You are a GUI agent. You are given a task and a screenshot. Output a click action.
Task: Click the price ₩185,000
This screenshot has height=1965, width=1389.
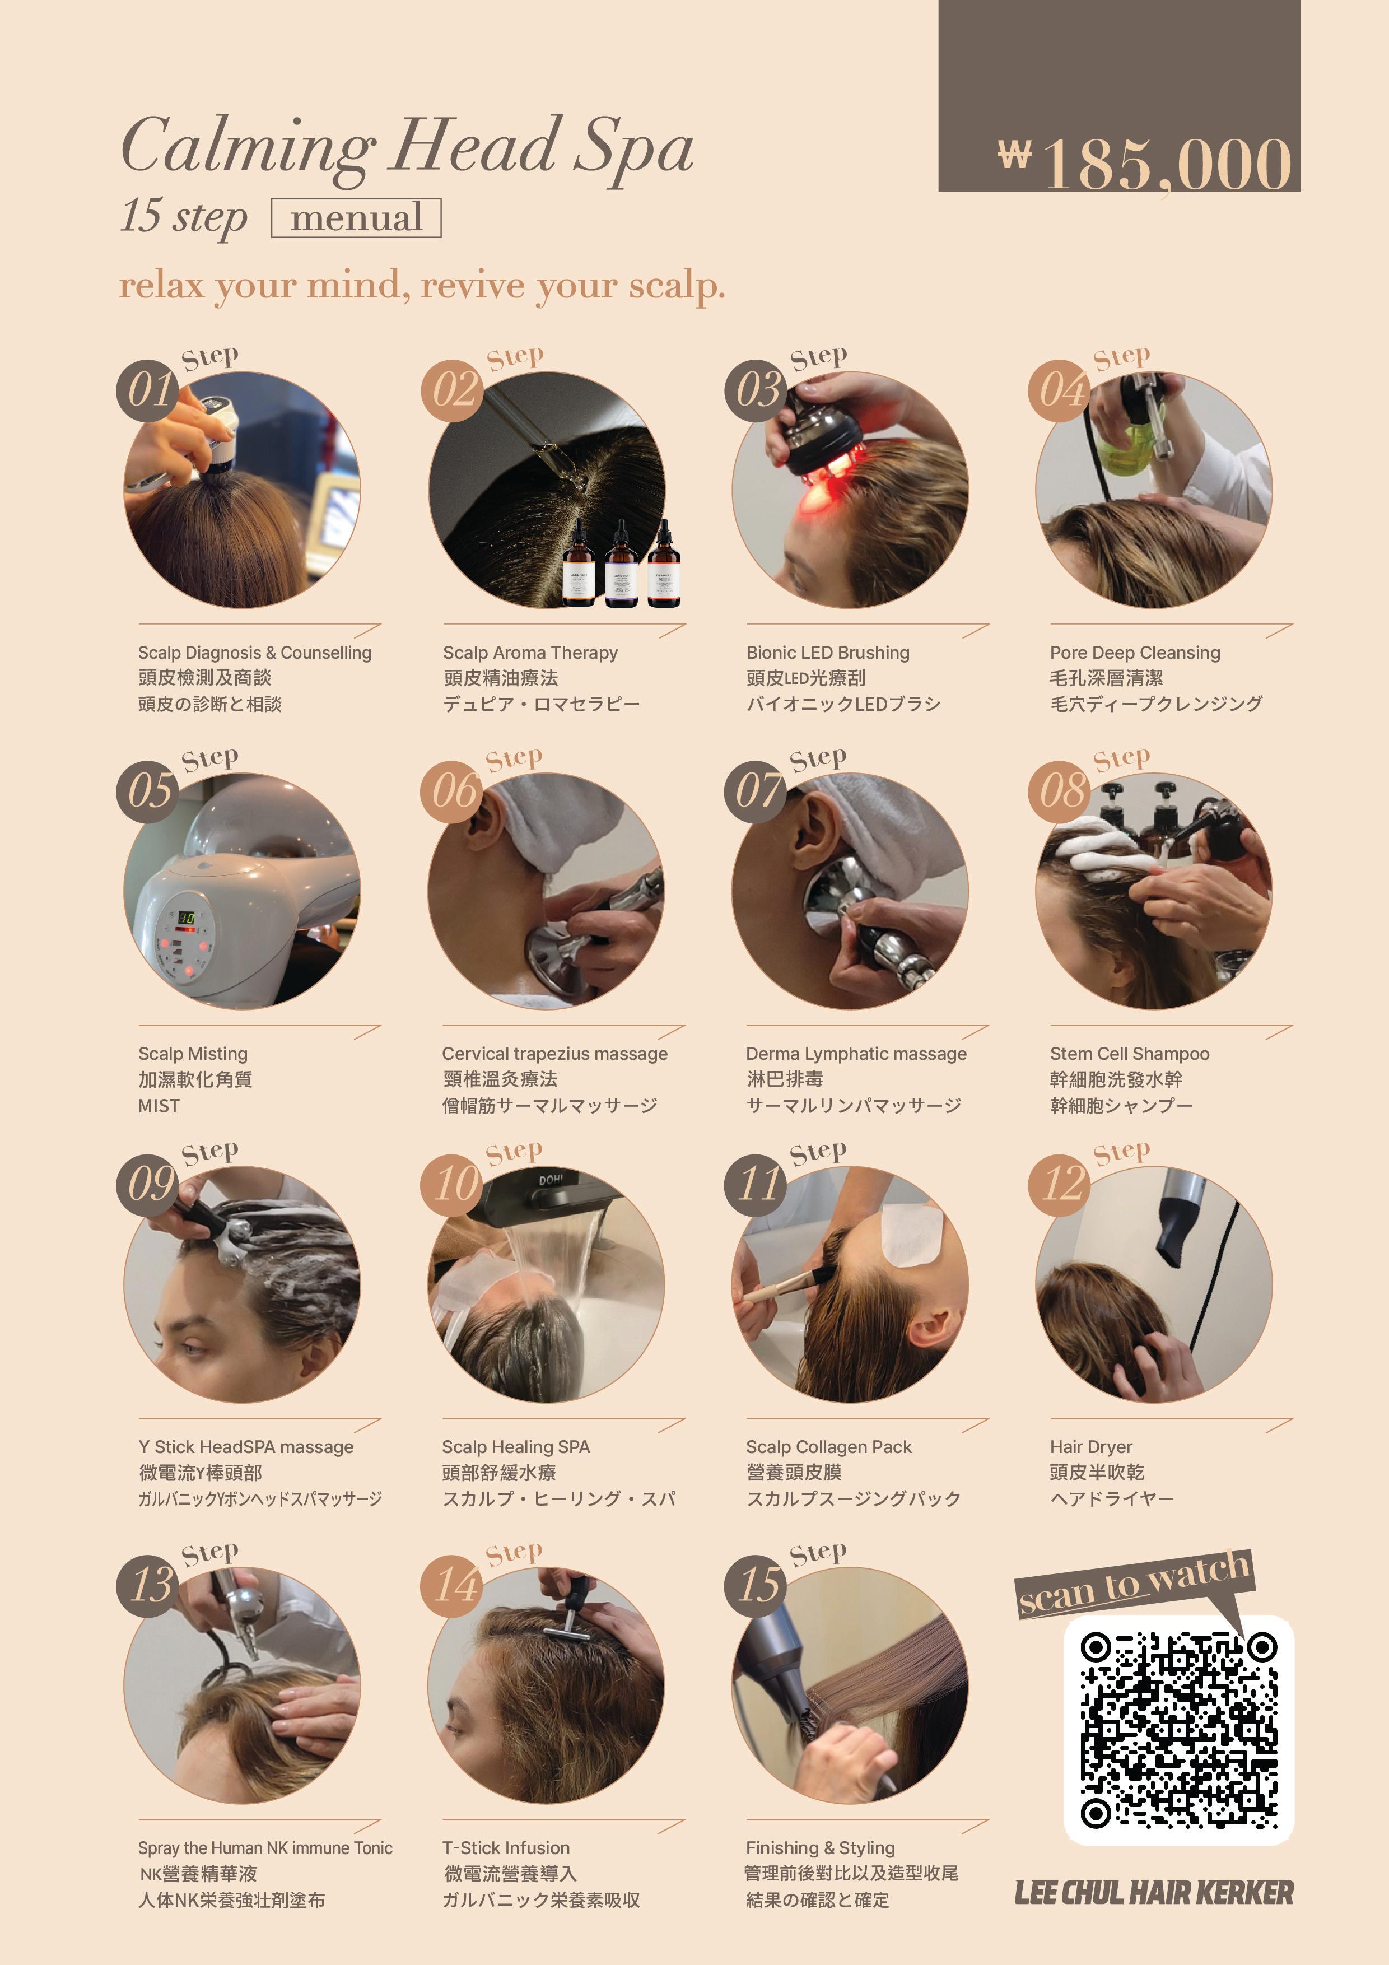[x=1144, y=164]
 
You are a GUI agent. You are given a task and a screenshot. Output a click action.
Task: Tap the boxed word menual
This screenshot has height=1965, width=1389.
[x=356, y=217]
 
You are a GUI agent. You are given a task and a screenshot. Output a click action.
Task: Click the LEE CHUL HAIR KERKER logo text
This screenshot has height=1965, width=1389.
[x=1154, y=1892]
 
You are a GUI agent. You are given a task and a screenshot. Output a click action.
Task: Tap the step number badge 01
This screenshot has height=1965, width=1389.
[x=148, y=390]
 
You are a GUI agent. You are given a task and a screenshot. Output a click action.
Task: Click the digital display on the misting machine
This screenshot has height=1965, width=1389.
[x=186, y=918]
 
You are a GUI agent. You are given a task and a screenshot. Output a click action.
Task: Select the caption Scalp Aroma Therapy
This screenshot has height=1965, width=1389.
[x=530, y=652]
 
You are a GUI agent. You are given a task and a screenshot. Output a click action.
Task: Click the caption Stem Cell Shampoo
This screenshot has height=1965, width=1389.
[x=1130, y=1054]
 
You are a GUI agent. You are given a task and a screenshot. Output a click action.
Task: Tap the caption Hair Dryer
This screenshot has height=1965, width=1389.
[x=1091, y=1446]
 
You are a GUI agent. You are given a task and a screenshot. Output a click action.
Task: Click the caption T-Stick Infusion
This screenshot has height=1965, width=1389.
[x=506, y=1848]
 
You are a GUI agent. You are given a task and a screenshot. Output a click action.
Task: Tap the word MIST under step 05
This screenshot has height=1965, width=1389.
[x=159, y=1106]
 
